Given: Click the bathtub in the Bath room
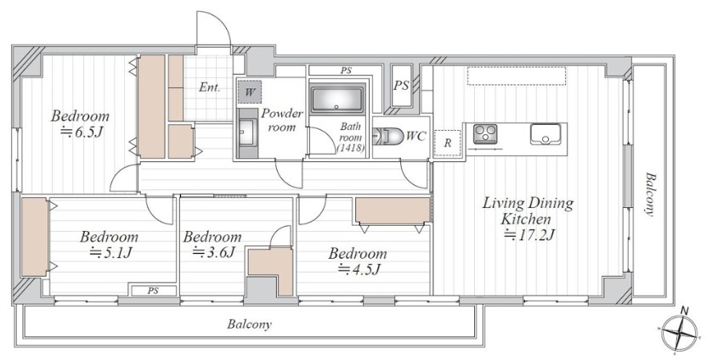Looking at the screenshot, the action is click(x=337, y=98).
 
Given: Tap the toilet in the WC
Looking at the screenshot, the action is click(x=387, y=136).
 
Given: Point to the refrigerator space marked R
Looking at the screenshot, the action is click(x=448, y=143).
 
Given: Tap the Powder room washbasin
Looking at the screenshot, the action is click(x=247, y=133).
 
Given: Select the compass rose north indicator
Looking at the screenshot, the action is click(x=680, y=332).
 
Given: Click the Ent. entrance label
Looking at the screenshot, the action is click(x=209, y=87).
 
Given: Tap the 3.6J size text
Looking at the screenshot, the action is click(x=213, y=252).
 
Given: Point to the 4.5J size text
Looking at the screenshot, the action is click(x=359, y=269).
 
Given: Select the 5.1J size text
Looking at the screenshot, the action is click(x=110, y=252).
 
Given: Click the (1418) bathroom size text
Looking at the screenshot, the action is click(x=351, y=148).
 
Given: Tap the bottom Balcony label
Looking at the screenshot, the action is click(x=249, y=324).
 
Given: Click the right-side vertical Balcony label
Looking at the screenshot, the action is click(x=650, y=194).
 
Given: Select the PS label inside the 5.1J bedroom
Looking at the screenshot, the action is click(x=153, y=291).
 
